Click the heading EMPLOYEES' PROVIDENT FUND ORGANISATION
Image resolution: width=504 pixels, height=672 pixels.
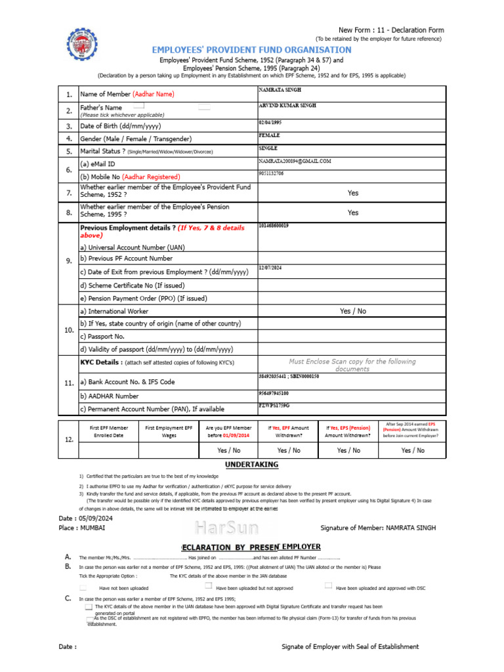pyautogui.click(x=251, y=50)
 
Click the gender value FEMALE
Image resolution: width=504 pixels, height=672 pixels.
pyautogui.click(x=270, y=135)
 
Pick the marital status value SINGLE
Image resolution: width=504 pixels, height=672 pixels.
pyautogui.click(x=268, y=148)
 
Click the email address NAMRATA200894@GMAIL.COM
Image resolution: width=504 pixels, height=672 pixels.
pyautogui.click(x=295, y=161)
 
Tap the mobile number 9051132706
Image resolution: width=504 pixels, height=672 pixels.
pyautogui.click(x=271, y=173)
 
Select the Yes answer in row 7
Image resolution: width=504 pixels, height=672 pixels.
pyautogui.click(x=353, y=193)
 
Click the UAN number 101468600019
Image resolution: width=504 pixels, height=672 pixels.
pyautogui.click(x=274, y=226)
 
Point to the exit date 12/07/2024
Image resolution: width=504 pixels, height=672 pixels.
pyautogui.click(x=270, y=267)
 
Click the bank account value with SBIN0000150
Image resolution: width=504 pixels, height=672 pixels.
pyautogui.click(x=289, y=377)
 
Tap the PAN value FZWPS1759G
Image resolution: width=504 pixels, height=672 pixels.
pyautogui.click(x=273, y=406)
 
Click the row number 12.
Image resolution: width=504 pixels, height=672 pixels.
pyautogui.click(x=69, y=440)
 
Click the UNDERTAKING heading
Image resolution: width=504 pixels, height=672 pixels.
pyautogui.click(x=251, y=465)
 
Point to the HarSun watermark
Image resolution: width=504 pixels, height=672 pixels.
pyautogui.click(x=226, y=527)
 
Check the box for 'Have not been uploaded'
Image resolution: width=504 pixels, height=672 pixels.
pyautogui.click(x=83, y=587)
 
